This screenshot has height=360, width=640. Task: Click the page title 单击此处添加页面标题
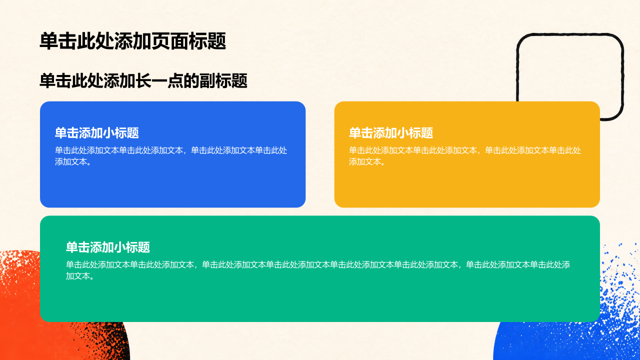click(133, 41)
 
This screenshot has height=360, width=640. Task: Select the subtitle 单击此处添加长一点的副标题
click(143, 81)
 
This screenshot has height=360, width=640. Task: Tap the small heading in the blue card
click(97, 133)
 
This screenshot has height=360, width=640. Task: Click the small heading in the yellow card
click(391, 133)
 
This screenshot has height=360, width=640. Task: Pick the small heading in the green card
click(108, 247)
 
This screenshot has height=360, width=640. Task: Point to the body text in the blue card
click(171, 156)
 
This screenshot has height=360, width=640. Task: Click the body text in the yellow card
click(465, 156)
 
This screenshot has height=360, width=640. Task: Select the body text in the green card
click(318, 270)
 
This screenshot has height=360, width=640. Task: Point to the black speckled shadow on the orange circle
click(105, 340)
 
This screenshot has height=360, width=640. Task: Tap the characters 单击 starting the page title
click(58, 41)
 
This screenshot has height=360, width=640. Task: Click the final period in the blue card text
click(89, 163)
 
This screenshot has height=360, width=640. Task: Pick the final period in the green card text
click(91, 278)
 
